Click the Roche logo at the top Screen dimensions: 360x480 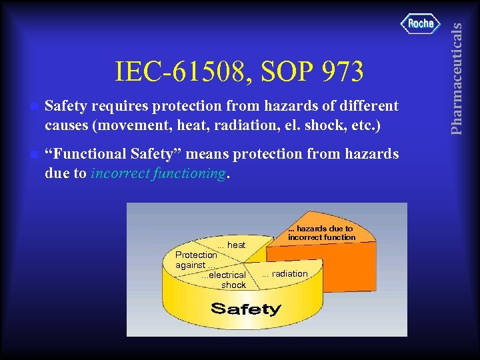[x=421, y=23]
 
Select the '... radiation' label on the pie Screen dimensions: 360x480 [x=285, y=273]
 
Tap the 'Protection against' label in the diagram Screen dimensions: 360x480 [x=195, y=260]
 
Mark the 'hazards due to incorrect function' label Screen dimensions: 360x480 [x=321, y=233]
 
